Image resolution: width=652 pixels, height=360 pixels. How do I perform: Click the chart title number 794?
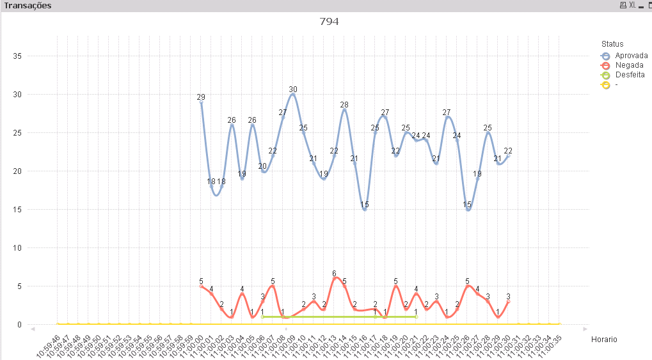(329, 22)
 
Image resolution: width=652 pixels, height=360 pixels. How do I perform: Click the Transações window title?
(28, 5)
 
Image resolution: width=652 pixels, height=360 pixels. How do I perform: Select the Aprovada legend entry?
(631, 56)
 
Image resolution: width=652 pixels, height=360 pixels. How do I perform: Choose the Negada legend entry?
(629, 65)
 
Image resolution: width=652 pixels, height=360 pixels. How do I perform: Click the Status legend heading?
(612, 44)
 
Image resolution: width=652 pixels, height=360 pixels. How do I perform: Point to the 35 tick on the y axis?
(18, 56)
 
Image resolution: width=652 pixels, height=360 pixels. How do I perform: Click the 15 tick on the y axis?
(18, 210)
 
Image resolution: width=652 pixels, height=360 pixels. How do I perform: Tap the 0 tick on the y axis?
(20, 325)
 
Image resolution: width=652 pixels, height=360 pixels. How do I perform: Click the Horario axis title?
(605, 339)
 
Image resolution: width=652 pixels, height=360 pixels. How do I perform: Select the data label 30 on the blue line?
(293, 90)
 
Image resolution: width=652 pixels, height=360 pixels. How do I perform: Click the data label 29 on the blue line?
(201, 97)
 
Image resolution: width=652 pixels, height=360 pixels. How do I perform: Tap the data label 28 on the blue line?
(344, 105)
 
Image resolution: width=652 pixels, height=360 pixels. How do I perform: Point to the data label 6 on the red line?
(334, 274)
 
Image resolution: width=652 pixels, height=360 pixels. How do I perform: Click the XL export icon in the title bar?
(632, 5)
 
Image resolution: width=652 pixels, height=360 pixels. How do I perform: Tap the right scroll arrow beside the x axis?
(585, 329)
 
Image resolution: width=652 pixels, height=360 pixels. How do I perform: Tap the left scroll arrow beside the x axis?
(32, 329)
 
